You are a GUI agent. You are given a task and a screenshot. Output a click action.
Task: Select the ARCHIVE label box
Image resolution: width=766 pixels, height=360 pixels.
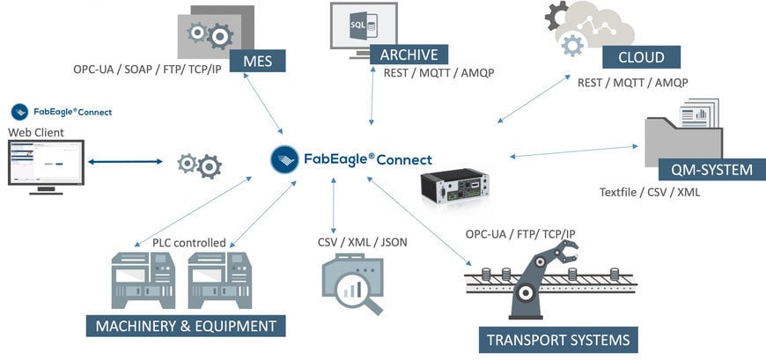[x=409, y=54]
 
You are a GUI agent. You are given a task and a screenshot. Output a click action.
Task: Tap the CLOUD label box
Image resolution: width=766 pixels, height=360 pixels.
[x=643, y=57]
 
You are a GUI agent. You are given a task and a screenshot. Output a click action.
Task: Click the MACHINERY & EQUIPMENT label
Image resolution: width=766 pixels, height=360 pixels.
[x=185, y=327]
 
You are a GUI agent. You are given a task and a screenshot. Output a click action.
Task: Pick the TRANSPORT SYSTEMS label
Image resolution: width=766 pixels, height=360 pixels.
[x=557, y=340]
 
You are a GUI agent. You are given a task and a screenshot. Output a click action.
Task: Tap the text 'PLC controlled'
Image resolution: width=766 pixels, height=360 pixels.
[x=188, y=242]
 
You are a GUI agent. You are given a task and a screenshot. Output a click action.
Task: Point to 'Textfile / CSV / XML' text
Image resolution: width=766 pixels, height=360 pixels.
[x=650, y=191]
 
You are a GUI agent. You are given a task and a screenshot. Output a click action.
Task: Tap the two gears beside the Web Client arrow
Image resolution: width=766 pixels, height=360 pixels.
[x=199, y=164]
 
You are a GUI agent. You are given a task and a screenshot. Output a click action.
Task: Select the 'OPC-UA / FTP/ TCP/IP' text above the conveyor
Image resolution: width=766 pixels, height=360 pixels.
[x=527, y=233]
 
